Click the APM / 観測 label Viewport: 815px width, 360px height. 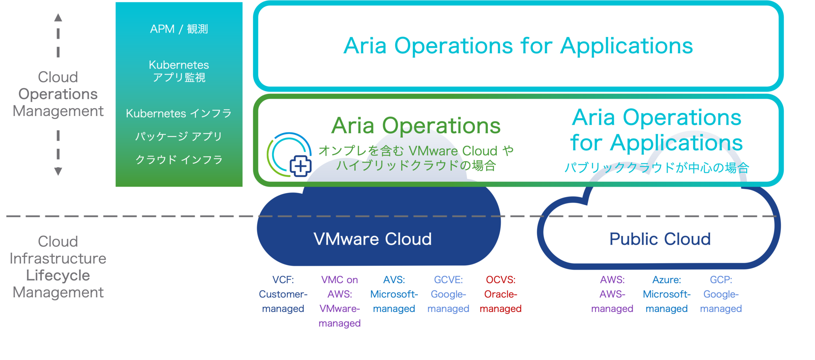click(179, 29)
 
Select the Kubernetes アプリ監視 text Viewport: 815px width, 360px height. click(179, 71)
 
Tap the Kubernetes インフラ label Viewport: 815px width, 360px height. click(179, 113)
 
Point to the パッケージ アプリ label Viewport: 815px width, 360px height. click(179, 136)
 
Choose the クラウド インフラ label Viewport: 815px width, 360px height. click(179, 160)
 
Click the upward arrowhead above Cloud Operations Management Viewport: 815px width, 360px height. click(58, 18)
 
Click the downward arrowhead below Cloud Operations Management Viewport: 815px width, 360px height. click(58, 171)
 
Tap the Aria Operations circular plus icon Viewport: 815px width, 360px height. click(290, 156)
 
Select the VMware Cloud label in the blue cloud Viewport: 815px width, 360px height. click(372, 239)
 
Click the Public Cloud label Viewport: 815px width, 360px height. click(660, 239)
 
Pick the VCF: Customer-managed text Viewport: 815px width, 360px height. click(283, 294)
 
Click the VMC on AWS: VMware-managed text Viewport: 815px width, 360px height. click(339, 302)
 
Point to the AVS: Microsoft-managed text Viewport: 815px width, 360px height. click(394, 294)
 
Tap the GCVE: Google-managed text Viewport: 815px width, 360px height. click(448, 294)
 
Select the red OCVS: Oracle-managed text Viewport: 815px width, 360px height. click(501, 294)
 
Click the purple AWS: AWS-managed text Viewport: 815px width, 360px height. click(612, 294)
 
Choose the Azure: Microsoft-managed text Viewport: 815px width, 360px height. click(667, 294)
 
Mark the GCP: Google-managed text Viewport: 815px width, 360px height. click(721, 294)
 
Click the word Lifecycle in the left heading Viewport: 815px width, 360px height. click(58, 276)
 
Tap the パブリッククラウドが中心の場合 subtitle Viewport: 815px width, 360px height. click(657, 167)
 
